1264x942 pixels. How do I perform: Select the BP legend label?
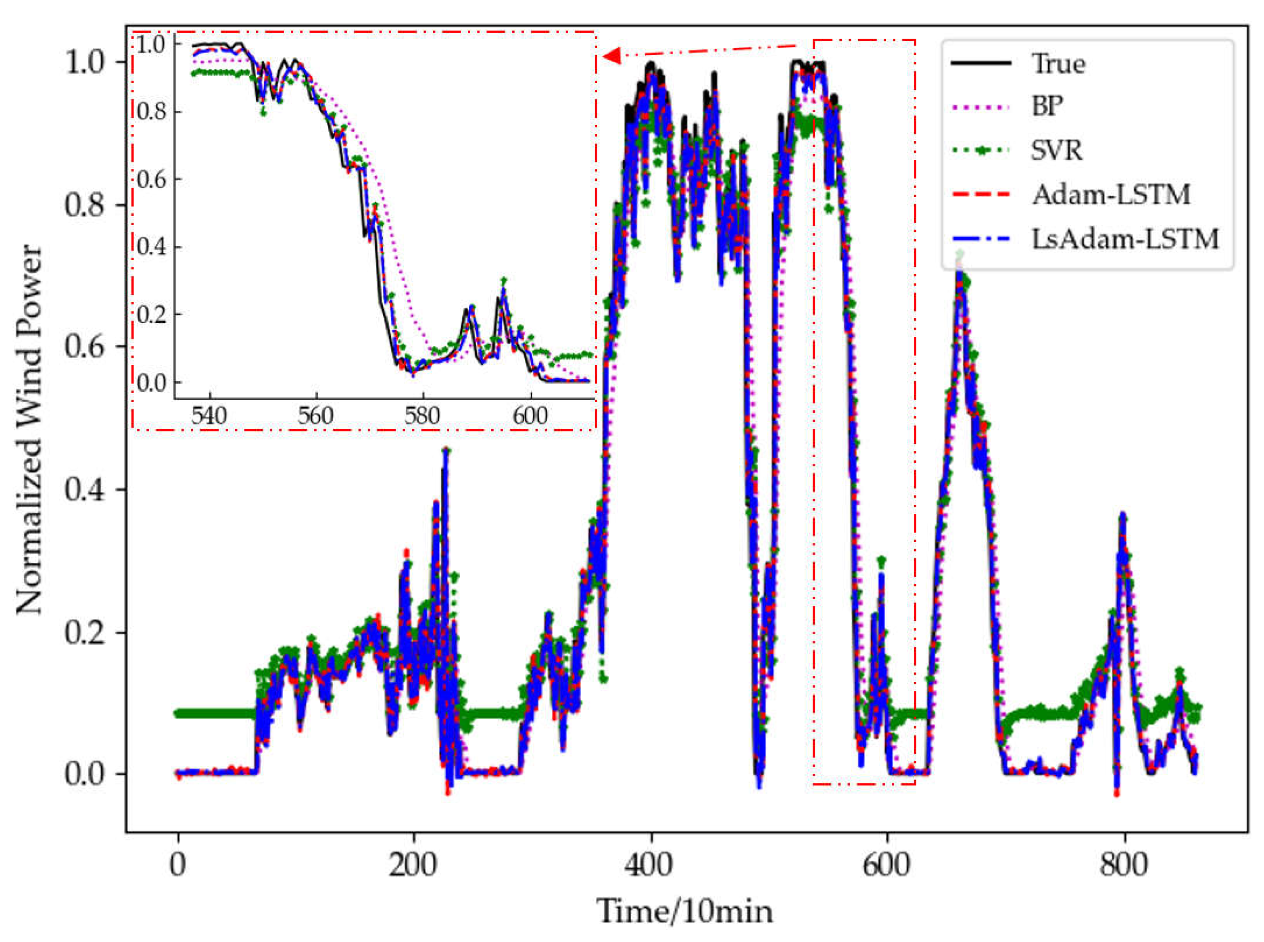click(x=1047, y=106)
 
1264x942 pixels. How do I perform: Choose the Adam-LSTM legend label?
click(x=1111, y=194)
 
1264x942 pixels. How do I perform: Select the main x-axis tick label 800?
click(x=1124, y=865)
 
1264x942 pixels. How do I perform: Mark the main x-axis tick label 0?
click(x=178, y=865)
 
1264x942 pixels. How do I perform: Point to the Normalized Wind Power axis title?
click(x=30, y=430)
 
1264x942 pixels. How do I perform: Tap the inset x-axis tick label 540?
click(x=209, y=416)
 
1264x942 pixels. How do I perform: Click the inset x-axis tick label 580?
click(x=422, y=416)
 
